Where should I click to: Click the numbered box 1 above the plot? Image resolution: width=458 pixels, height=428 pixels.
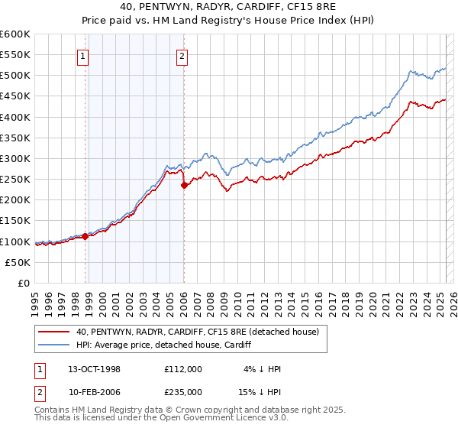82,55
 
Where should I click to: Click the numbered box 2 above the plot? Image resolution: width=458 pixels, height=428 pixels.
183,55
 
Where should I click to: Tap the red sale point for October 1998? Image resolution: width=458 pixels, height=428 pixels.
85,236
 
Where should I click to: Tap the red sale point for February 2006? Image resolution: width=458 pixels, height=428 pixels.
184,185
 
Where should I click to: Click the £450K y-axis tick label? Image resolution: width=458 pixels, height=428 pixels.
15,96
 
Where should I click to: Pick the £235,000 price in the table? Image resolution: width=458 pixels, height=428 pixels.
182,392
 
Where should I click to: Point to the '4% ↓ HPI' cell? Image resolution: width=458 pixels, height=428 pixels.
263,369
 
